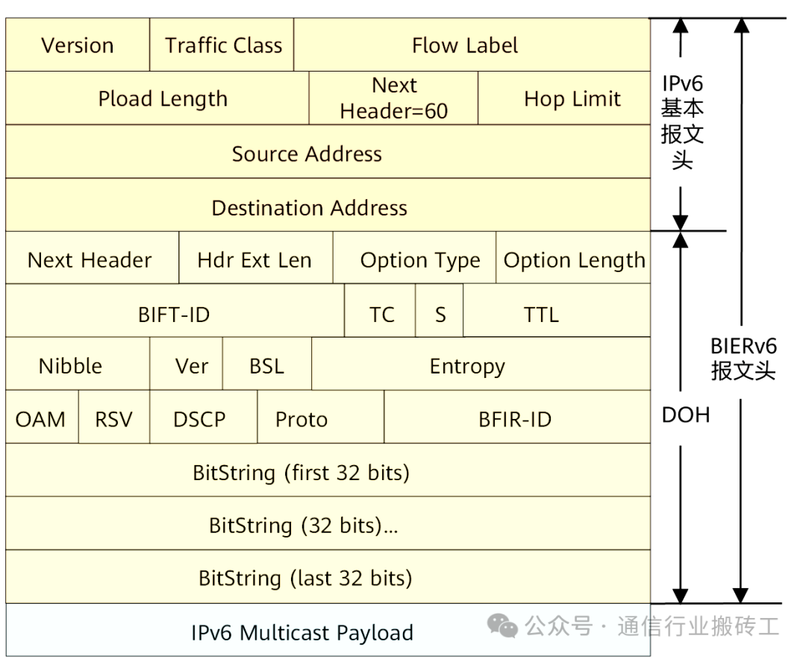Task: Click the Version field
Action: [78, 45]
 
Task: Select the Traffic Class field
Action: [223, 45]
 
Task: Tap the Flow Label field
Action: [464, 45]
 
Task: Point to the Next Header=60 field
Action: [393, 98]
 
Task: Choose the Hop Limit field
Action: [572, 98]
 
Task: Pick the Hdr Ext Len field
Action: [255, 260]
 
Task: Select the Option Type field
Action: [419, 260]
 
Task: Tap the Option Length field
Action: [573, 260]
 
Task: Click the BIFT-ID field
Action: [175, 315]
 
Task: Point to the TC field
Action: [381, 315]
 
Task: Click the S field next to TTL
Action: [440, 315]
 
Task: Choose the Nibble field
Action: [71, 367]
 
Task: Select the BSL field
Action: [266, 367]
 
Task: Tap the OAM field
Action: [40, 420]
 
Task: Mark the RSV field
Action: [113, 420]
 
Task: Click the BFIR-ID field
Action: [515, 420]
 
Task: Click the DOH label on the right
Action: [685, 415]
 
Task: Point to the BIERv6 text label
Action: [743, 346]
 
